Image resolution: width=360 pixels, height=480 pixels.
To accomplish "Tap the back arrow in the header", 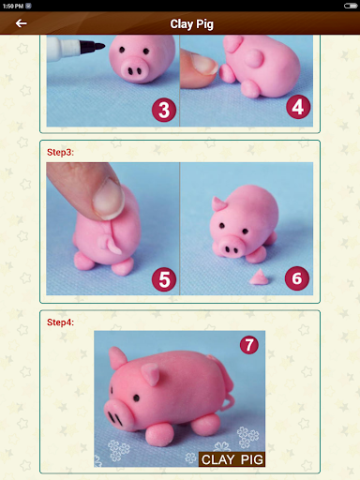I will (x=21, y=23).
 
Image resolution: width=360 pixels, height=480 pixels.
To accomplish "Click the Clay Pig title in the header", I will (x=192, y=23).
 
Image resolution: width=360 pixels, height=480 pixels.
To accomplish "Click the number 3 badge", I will (x=164, y=110).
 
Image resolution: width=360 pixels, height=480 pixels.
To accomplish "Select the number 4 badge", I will (x=299, y=108).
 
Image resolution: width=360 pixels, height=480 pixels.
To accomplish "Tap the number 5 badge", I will (x=164, y=278).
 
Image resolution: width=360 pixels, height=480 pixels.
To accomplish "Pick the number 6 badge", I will (x=297, y=277).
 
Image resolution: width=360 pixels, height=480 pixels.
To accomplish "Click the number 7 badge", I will (x=248, y=345).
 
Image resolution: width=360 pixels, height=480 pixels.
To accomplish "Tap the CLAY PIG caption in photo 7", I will (x=232, y=459).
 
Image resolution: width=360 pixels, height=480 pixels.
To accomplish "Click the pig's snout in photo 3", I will (x=134, y=68).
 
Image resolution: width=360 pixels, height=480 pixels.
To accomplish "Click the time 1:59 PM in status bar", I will (x=12, y=5).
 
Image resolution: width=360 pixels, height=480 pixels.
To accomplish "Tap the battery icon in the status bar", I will (x=351, y=5).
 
